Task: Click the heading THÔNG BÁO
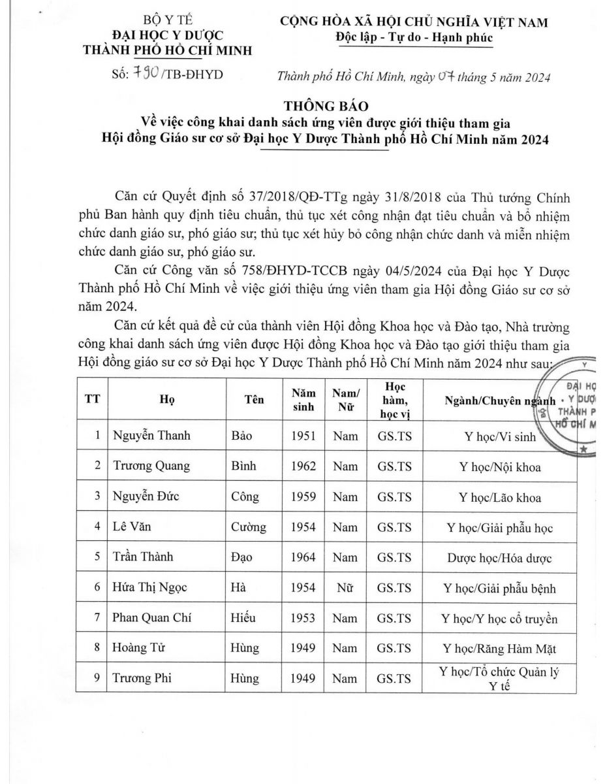click(x=303, y=107)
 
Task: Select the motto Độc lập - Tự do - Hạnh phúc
click(x=414, y=37)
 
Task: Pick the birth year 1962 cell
click(x=303, y=466)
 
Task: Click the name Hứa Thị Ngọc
click(x=149, y=587)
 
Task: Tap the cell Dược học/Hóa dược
click(x=499, y=557)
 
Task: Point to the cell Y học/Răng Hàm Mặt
click(x=499, y=648)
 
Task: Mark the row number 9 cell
click(x=96, y=678)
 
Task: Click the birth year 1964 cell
click(x=303, y=557)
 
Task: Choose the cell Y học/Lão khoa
click(x=499, y=497)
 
